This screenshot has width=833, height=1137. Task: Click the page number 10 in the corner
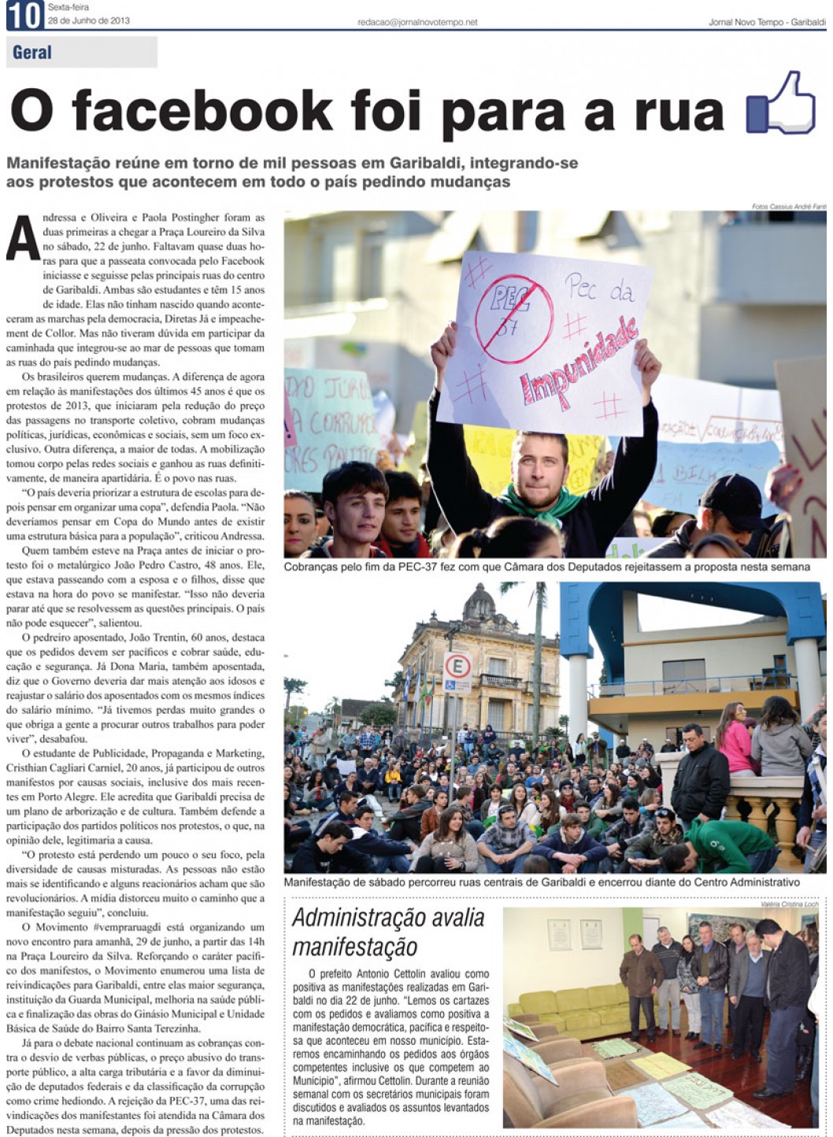click(x=24, y=16)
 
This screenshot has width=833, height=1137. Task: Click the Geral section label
click(x=32, y=53)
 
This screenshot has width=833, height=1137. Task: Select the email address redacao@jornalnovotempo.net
click(x=417, y=23)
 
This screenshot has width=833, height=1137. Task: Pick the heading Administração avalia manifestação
click(x=388, y=932)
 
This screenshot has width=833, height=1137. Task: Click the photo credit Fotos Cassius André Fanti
click(x=788, y=206)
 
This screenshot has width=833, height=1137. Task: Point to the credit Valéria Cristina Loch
click(x=790, y=904)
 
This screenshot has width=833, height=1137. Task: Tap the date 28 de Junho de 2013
click(x=88, y=20)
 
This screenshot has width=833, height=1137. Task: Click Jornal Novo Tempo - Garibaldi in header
click(x=766, y=23)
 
